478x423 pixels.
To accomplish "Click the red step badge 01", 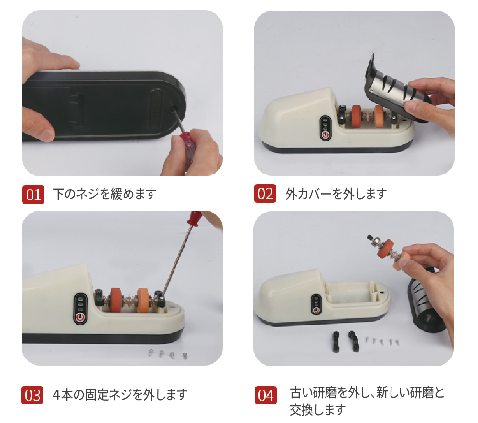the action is [x=33, y=195].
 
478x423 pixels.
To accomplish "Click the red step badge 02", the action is [x=265, y=194].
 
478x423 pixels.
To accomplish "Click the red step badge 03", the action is [x=33, y=395].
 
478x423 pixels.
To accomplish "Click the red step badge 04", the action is [x=266, y=395].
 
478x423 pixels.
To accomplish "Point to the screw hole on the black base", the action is [x=176, y=109].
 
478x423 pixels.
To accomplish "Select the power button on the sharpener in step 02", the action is [x=326, y=134].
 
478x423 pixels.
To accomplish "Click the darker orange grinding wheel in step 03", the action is [x=116, y=300].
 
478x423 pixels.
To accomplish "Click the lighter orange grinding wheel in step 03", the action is [x=144, y=300].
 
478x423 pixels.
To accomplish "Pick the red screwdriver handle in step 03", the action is [x=196, y=217].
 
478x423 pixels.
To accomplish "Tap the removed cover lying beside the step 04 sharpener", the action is [x=427, y=300].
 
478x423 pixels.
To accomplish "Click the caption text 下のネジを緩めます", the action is [x=105, y=194].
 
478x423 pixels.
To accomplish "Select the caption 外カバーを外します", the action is [x=336, y=194].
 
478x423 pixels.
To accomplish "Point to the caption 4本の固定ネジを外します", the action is [x=120, y=395].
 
